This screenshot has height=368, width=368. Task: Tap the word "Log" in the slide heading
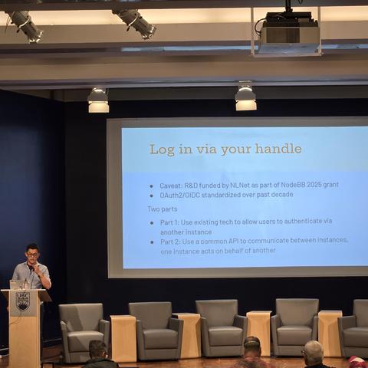[162, 149]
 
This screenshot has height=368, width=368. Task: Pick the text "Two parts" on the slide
[163, 209]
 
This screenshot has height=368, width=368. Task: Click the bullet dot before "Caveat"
[152, 186]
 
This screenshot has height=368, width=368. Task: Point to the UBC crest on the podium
[23, 301]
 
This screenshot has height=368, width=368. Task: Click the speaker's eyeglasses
[32, 255]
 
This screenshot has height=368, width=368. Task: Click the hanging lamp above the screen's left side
[98, 100]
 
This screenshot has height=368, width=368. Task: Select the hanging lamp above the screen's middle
[245, 97]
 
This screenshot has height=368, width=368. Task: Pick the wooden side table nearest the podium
[123, 338]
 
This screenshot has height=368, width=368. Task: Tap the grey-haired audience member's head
[313, 352]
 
